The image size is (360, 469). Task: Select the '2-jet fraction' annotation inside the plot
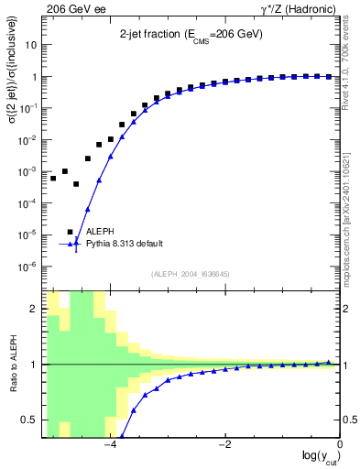coord(193,35)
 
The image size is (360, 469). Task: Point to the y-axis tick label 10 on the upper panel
coord(32,44)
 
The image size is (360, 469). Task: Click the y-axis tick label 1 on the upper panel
coord(35,76)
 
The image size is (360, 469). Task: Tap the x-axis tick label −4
coord(109,445)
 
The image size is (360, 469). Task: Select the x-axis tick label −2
coord(224,445)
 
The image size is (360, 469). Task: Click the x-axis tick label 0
coord(340,445)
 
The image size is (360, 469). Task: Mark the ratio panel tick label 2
coord(35,309)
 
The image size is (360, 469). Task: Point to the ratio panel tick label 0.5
coord(31,420)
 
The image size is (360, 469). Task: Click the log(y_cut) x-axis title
coord(316,457)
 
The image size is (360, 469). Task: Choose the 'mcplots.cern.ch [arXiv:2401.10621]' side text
coord(352,211)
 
